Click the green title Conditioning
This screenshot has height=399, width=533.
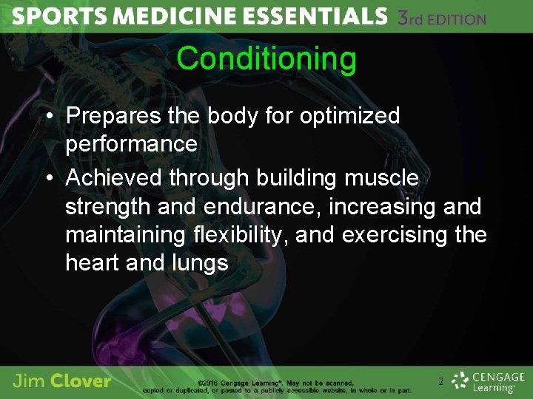coord(266,58)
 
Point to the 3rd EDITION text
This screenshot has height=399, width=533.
coord(441,18)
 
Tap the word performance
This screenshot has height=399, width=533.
coord(131,143)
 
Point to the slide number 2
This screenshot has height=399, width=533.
coord(440,382)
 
